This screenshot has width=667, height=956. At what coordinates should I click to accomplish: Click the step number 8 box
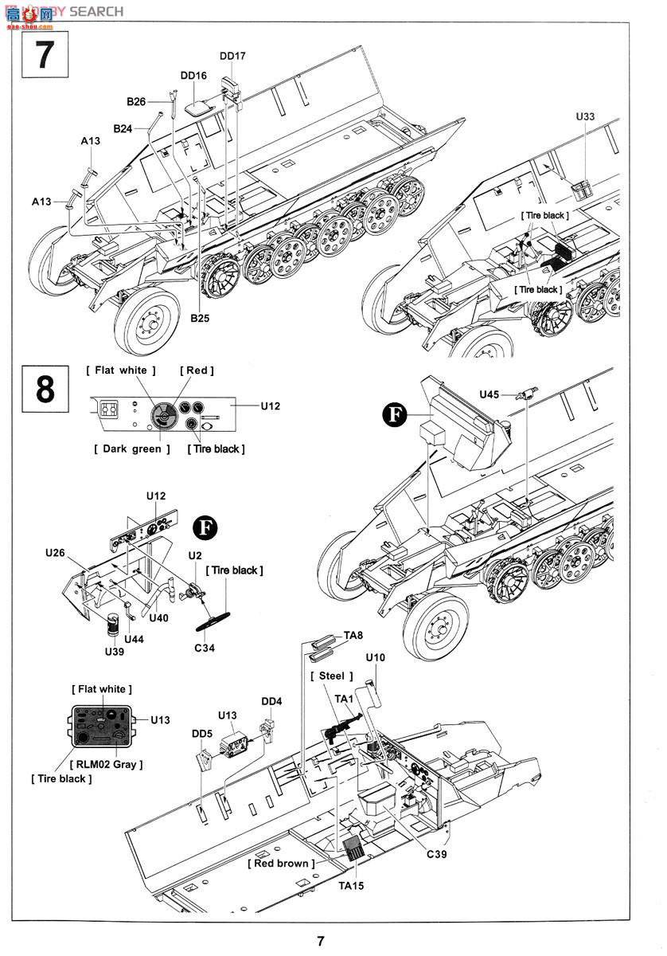tap(45, 390)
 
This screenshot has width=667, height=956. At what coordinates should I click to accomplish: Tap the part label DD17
tap(232, 57)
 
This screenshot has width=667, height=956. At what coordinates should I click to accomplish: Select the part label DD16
tap(193, 76)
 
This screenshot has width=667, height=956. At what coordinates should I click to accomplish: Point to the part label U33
tap(585, 116)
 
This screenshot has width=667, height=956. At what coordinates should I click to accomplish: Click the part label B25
tap(200, 318)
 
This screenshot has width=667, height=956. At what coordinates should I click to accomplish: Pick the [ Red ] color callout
tap(197, 370)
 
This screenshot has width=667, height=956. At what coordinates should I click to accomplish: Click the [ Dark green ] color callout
tap(131, 449)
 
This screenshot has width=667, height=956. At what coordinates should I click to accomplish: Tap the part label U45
tap(490, 394)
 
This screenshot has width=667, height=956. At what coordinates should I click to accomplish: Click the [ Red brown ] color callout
tap(280, 864)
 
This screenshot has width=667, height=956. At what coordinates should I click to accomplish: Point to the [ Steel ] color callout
tap(331, 676)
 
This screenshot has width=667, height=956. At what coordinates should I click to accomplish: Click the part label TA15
tap(351, 885)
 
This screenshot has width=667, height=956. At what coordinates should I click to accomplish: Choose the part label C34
tap(204, 648)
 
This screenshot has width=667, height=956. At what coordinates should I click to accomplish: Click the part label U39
tap(115, 652)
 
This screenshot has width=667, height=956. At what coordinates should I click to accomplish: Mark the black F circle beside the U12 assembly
tap(205, 528)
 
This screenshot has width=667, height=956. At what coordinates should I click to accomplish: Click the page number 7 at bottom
tap(320, 941)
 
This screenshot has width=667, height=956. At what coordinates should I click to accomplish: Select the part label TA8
tap(353, 635)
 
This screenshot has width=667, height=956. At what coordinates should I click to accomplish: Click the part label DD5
tap(202, 734)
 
